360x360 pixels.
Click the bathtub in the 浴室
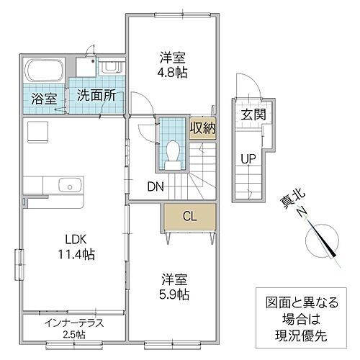click(44, 71)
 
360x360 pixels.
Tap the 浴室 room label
click(42, 97)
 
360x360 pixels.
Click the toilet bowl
click(173, 151)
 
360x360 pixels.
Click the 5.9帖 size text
click(174, 294)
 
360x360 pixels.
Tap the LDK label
click(75, 239)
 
